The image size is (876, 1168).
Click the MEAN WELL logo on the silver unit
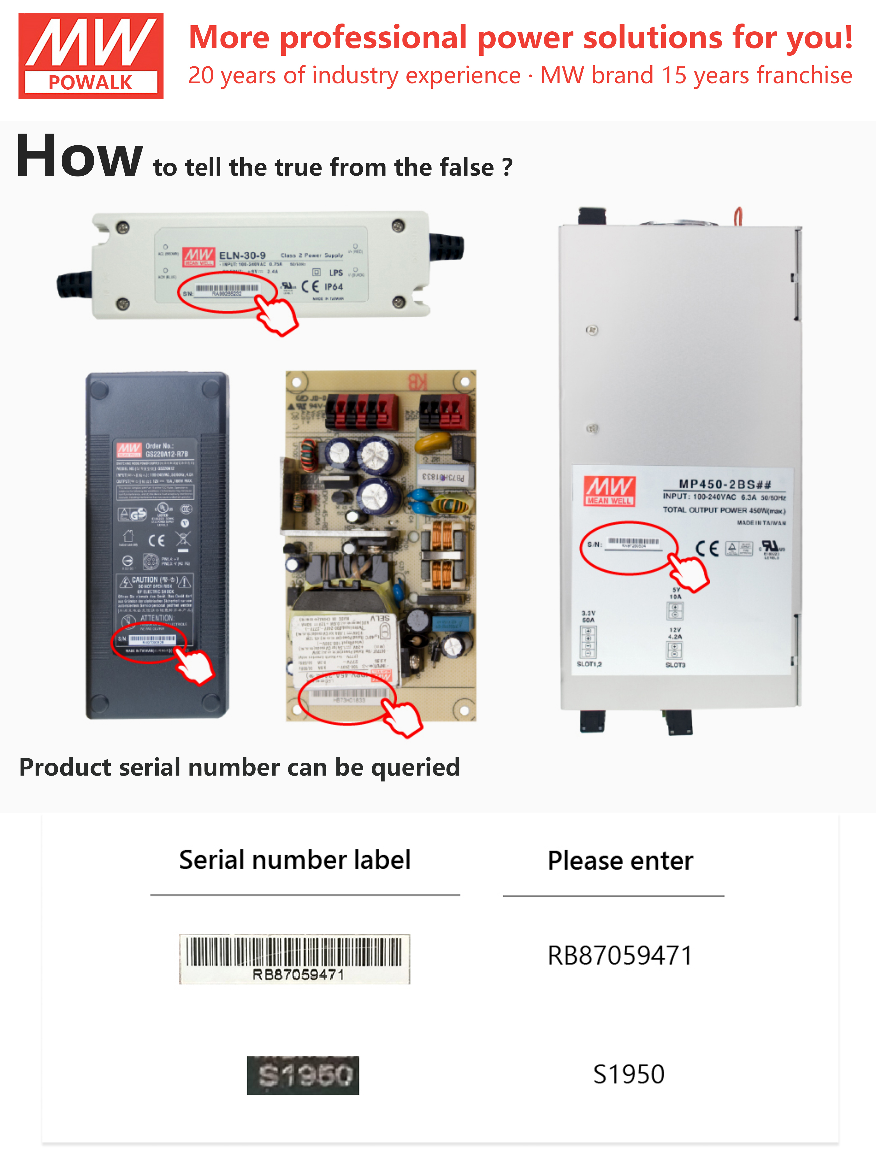point(609,491)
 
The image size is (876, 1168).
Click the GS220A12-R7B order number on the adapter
point(167,454)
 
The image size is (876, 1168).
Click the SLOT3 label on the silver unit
point(675,665)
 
